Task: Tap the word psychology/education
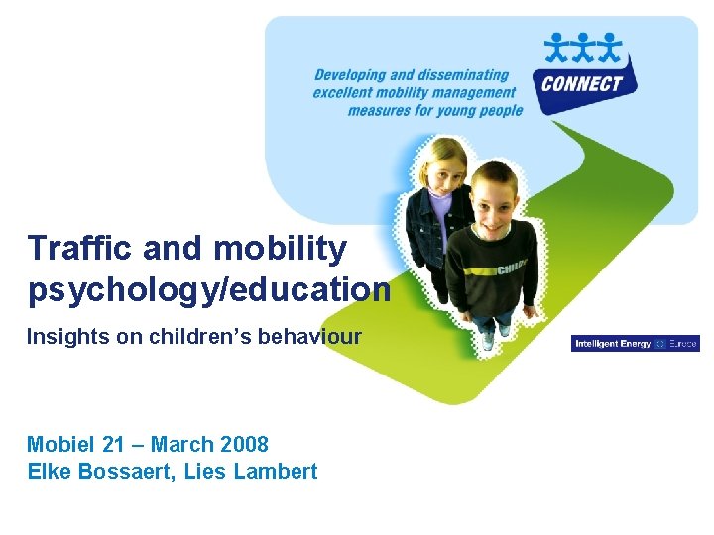pyautogui.click(x=208, y=288)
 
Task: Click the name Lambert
pyautogui.click(x=275, y=471)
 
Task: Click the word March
pyautogui.click(x=183, y=444)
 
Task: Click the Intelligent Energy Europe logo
pyautogui.click(x=636, y=344)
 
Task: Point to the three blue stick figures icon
pyautogui.click(x=584, y=48)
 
